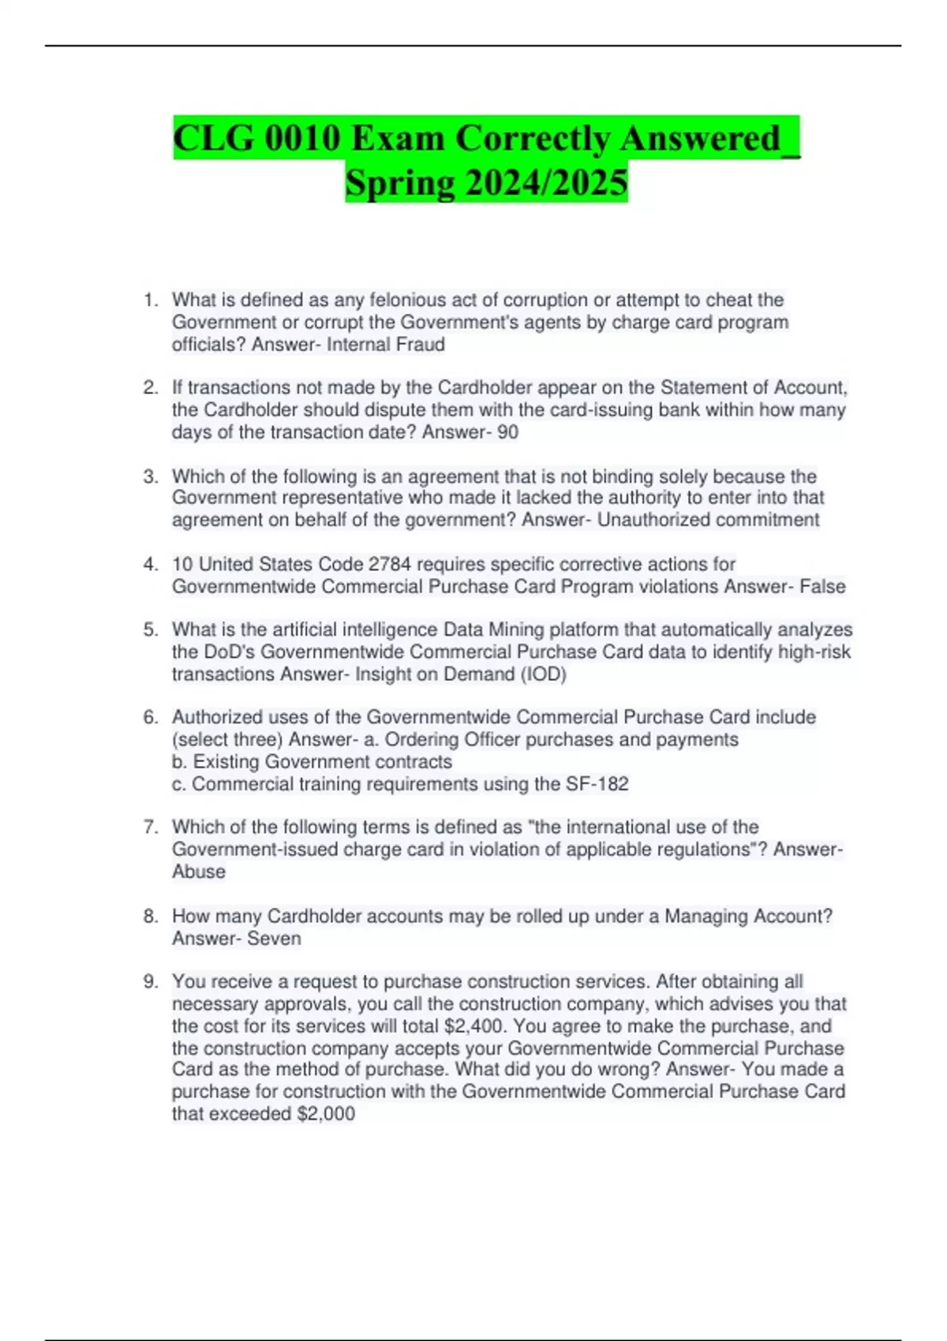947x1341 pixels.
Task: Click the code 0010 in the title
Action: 302,139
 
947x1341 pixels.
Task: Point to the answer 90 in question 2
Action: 508,432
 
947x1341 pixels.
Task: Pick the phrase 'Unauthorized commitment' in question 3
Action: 708,520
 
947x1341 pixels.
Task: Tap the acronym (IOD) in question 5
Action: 544,674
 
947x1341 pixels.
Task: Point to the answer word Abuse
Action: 199,872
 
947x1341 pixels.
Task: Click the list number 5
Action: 150,629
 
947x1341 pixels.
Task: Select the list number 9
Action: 150,982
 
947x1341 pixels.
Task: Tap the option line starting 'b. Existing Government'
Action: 312,762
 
